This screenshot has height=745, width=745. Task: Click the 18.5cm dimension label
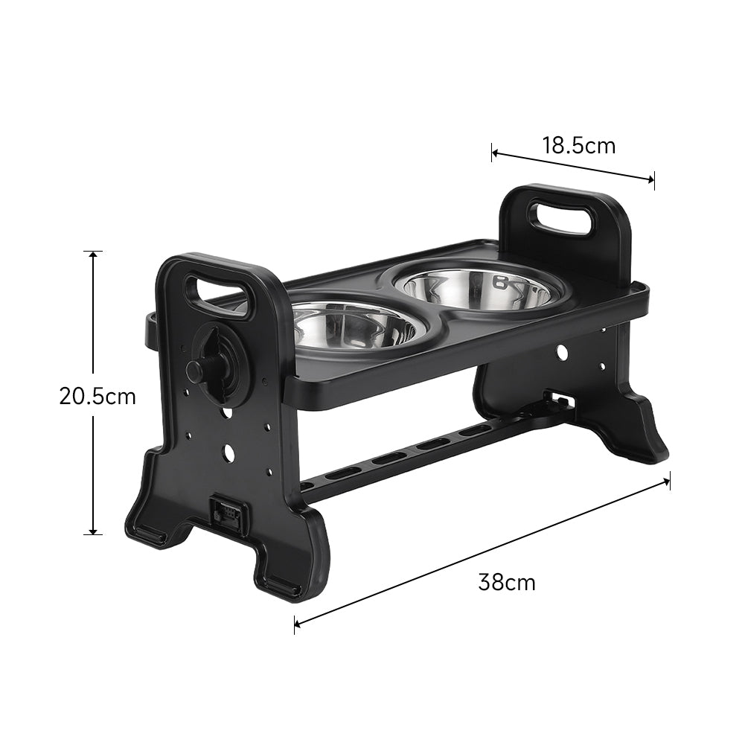[x=578, y=145]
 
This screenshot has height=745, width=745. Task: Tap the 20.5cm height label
[x=97, y=396]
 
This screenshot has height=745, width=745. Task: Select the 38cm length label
[x=506, y=582]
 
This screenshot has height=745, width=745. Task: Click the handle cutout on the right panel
[x=562, y=217]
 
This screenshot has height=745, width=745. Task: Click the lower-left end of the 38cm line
[x=296, y=624]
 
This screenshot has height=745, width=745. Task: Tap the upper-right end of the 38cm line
[x=668, y=480]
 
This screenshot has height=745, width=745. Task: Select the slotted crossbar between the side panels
[x=417, y=453]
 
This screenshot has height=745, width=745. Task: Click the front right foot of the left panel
[x=287, y=581]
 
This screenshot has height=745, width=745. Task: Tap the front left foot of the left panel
[x=153, y=532]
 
